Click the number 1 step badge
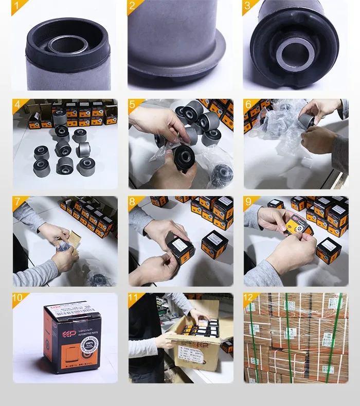(x=17, y=6)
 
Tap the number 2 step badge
(x=133, y=6)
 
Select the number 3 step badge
(x=248, y=6)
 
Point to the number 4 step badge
(x=17, y=104)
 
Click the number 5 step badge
(x=133, y=104)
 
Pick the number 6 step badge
(x=248, y=104)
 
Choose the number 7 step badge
(x=17, y=201)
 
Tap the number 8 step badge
(x=133, y=201)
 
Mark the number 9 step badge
(x=248, y=201)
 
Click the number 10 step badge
(x=18, y=298)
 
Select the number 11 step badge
(x=134, y=298)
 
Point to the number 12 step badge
(x=249, y=298)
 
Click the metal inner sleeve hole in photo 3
(x=295, y=52)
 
